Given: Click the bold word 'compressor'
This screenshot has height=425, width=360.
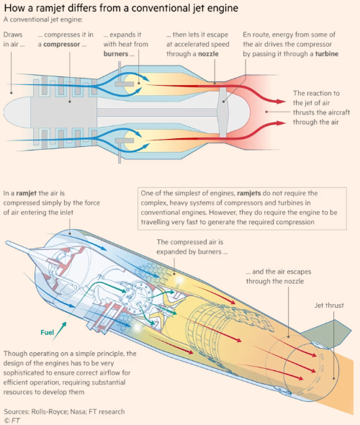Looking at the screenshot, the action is pos(61,44).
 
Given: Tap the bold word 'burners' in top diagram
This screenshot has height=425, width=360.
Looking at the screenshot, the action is pos(116,54).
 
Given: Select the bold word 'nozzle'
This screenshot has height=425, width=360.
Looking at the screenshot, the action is pos(208,54).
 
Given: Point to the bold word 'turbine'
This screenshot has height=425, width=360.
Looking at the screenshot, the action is pos(327,54).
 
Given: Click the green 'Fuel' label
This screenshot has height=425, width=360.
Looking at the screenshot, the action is pos(47,332).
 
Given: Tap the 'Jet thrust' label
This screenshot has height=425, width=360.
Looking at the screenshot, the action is pos(329,305).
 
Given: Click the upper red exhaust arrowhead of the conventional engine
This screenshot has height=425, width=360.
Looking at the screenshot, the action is pos(281,102).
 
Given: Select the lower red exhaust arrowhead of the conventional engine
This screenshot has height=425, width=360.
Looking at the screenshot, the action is pos(281,123).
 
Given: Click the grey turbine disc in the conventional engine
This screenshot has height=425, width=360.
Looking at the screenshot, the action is pos(223,112).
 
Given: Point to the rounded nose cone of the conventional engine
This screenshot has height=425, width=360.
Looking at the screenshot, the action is pos(17,112).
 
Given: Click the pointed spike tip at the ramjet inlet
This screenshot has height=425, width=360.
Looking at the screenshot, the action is pos(7,242).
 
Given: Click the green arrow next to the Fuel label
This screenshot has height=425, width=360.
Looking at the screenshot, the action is pos(60,331).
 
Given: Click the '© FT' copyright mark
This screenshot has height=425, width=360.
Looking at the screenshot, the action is pos(12,421).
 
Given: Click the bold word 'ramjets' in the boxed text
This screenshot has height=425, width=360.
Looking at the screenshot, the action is pos(248,193).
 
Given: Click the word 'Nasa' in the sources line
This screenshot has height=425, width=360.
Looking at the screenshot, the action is pos(78,411).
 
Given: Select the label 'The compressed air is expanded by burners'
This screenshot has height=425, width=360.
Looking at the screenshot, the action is pos(192,246).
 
